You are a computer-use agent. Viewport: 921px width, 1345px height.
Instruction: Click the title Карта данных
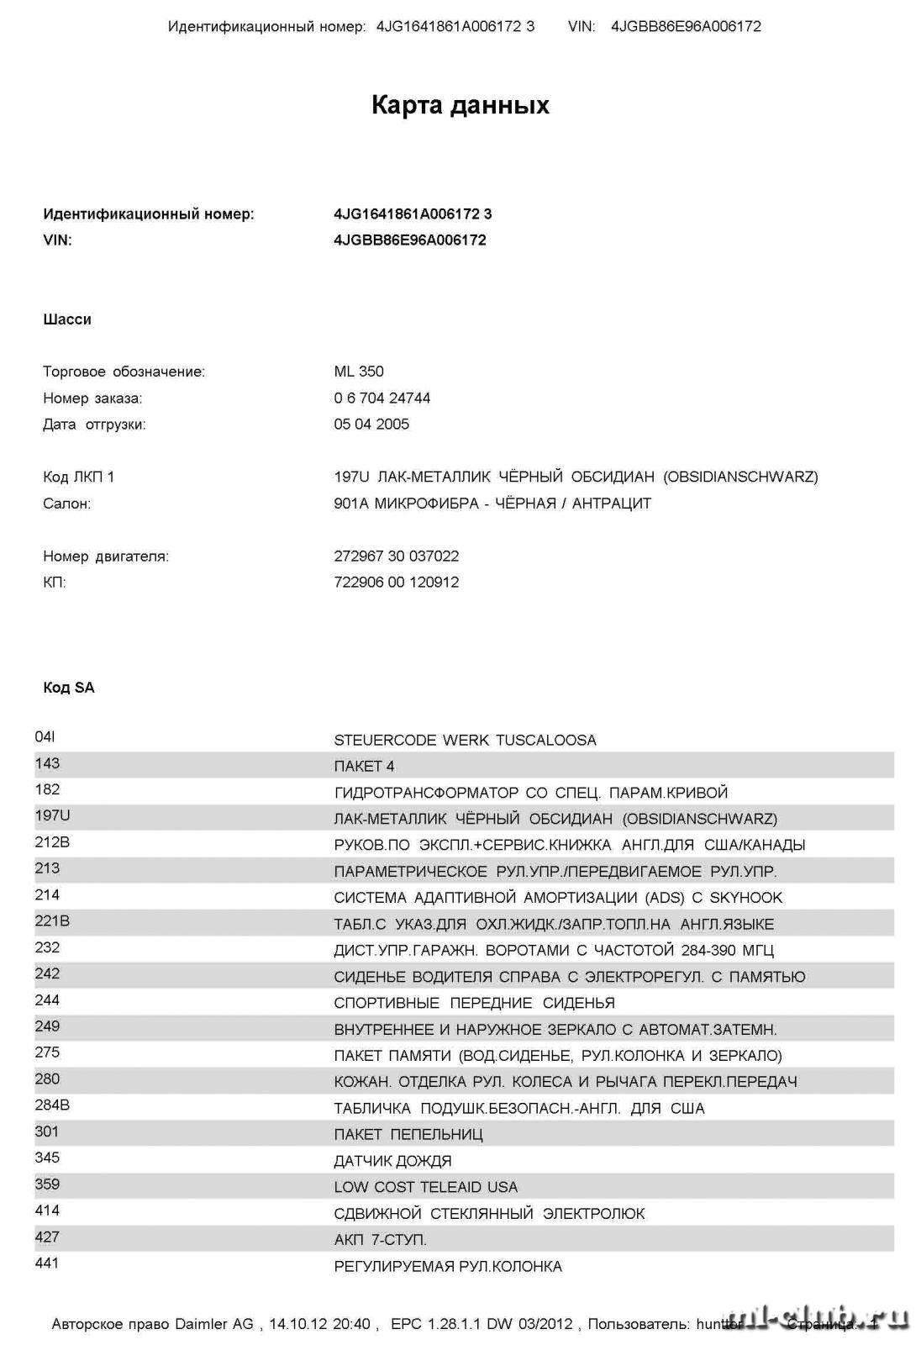[x=460, y=105]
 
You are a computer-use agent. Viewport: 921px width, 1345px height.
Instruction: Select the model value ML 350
[x=359, y=372]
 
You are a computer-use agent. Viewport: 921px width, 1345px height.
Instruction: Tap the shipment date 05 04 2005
[x=371, y=425]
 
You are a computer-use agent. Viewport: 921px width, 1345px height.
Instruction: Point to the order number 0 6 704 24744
[x=382, y=398]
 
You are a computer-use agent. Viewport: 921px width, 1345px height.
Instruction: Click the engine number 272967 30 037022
[x=397, y=556]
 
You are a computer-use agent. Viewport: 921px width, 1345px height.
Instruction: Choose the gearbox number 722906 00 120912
[x=397, y=582]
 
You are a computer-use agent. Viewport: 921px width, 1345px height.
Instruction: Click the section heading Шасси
[x=67, y=319]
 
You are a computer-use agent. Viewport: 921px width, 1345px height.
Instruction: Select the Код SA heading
[x=69, y=688]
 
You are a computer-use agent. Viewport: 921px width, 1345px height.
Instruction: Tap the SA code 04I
[x=45, y=737]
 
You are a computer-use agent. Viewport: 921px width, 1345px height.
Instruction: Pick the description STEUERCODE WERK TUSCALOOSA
[x=465, y=741]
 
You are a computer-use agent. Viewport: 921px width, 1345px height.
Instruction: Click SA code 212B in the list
[x=52, y=842]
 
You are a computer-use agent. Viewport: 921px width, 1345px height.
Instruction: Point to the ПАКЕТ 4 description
[x=364, y=767]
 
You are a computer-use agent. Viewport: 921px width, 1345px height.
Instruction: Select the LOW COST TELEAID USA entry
[x=426, y=1187]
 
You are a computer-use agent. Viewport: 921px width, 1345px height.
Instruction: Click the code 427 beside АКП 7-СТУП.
[x=47, y=1237]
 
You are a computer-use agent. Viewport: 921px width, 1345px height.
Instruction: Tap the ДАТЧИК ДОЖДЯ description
[x=392, y=1161]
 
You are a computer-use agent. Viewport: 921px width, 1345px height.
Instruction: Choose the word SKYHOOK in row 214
[x=746, y=898]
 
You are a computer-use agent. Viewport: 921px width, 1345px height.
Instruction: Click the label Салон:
[x=67, y=504]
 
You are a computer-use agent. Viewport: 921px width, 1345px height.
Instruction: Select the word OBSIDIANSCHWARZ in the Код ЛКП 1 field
[x=740, y=477]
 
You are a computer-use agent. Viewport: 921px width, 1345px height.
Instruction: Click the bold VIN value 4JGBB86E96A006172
[x=410, y=240]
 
